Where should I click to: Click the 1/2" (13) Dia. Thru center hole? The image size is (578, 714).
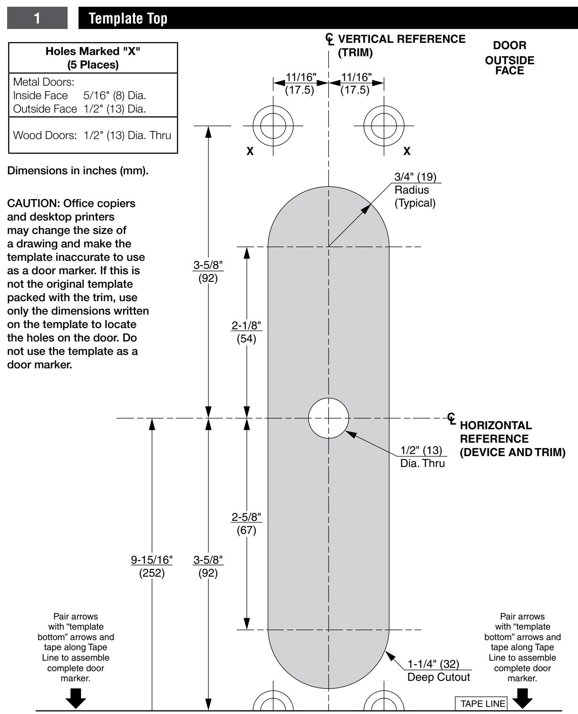pos(329,418)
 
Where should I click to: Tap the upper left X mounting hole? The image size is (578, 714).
pos(273,126)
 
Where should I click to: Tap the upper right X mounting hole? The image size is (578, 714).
pos(384,126)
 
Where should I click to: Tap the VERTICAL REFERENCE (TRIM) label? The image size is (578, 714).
pos(401,46)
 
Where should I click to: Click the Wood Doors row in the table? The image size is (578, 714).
pos(92,135)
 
